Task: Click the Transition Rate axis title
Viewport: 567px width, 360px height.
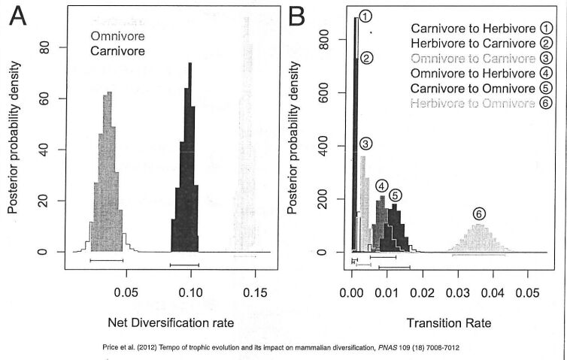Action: pos(449,324)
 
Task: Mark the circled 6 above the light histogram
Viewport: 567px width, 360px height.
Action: pos(479,213)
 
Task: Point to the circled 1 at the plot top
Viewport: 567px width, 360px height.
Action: pos(365,16)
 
